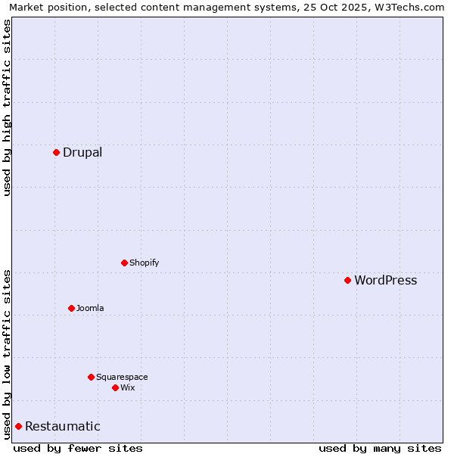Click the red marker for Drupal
56,152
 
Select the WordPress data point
347,280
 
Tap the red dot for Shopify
124,263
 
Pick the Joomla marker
71,308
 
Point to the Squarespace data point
91,377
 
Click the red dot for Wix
115,387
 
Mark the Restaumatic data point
18,426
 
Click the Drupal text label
82,152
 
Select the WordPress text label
385,280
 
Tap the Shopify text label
144,263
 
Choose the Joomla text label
90,308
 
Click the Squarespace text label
122,377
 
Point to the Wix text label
127,387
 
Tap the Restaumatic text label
62,426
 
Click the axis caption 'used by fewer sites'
78,448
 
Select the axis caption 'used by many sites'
380,448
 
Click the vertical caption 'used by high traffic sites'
8,107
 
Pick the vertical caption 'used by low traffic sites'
8,354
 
